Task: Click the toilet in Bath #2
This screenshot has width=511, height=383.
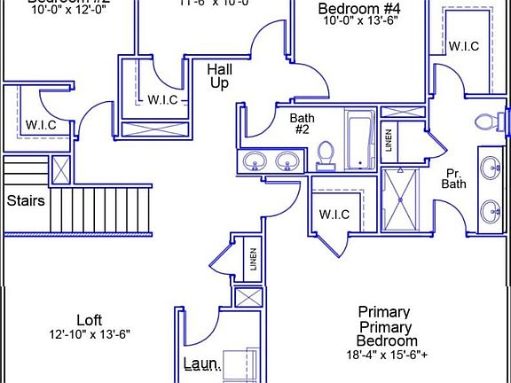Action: coord(326,154)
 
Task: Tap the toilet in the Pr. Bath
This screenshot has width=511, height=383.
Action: coord(487,121)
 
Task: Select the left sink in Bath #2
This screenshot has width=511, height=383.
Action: coord(255,161)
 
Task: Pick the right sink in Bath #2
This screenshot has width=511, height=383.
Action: coord(287,161)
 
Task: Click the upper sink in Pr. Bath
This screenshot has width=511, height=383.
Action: coord(490,165)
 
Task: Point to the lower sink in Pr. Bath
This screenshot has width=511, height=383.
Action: coord(490,211)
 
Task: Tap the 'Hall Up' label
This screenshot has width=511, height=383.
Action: coord(220,75)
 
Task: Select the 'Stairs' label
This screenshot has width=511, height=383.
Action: coord(26,200)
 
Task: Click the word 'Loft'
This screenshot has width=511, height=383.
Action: coord(89,320)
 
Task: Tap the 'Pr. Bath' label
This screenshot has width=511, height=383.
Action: coord(453,177)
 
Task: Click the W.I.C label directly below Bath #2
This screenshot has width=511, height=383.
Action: coord(334,215)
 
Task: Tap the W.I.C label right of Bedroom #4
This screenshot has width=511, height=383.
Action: coord(464,46)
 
